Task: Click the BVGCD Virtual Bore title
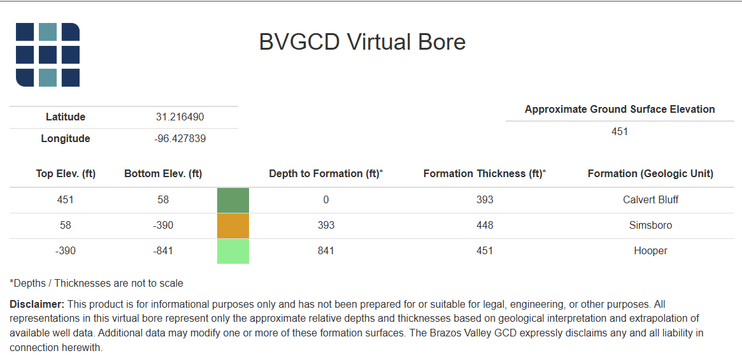pos(362,42)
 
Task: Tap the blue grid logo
pos(48,55)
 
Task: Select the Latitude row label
pos(65,117)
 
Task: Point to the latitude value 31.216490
pos(180,117)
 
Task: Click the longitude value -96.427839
pos(180,138)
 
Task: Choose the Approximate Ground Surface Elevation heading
pos(619,109)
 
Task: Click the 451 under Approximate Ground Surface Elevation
pos(619,131)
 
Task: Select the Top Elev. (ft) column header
pos(66,173)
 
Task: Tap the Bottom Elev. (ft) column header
pos(163,173)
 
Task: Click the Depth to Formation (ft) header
pos(325,173)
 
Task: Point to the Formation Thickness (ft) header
pos(485,173)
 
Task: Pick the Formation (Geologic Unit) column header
pos(650,173)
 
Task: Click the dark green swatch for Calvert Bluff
pos(233,200)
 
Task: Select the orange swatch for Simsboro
pos(233,226)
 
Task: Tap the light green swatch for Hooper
pos(233,251)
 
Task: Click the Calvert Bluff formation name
pos(650,199)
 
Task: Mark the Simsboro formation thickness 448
pos(485,225)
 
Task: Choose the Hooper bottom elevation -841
pos(163,250)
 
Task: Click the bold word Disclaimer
pos(37,305)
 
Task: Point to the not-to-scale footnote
pos(96,283)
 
